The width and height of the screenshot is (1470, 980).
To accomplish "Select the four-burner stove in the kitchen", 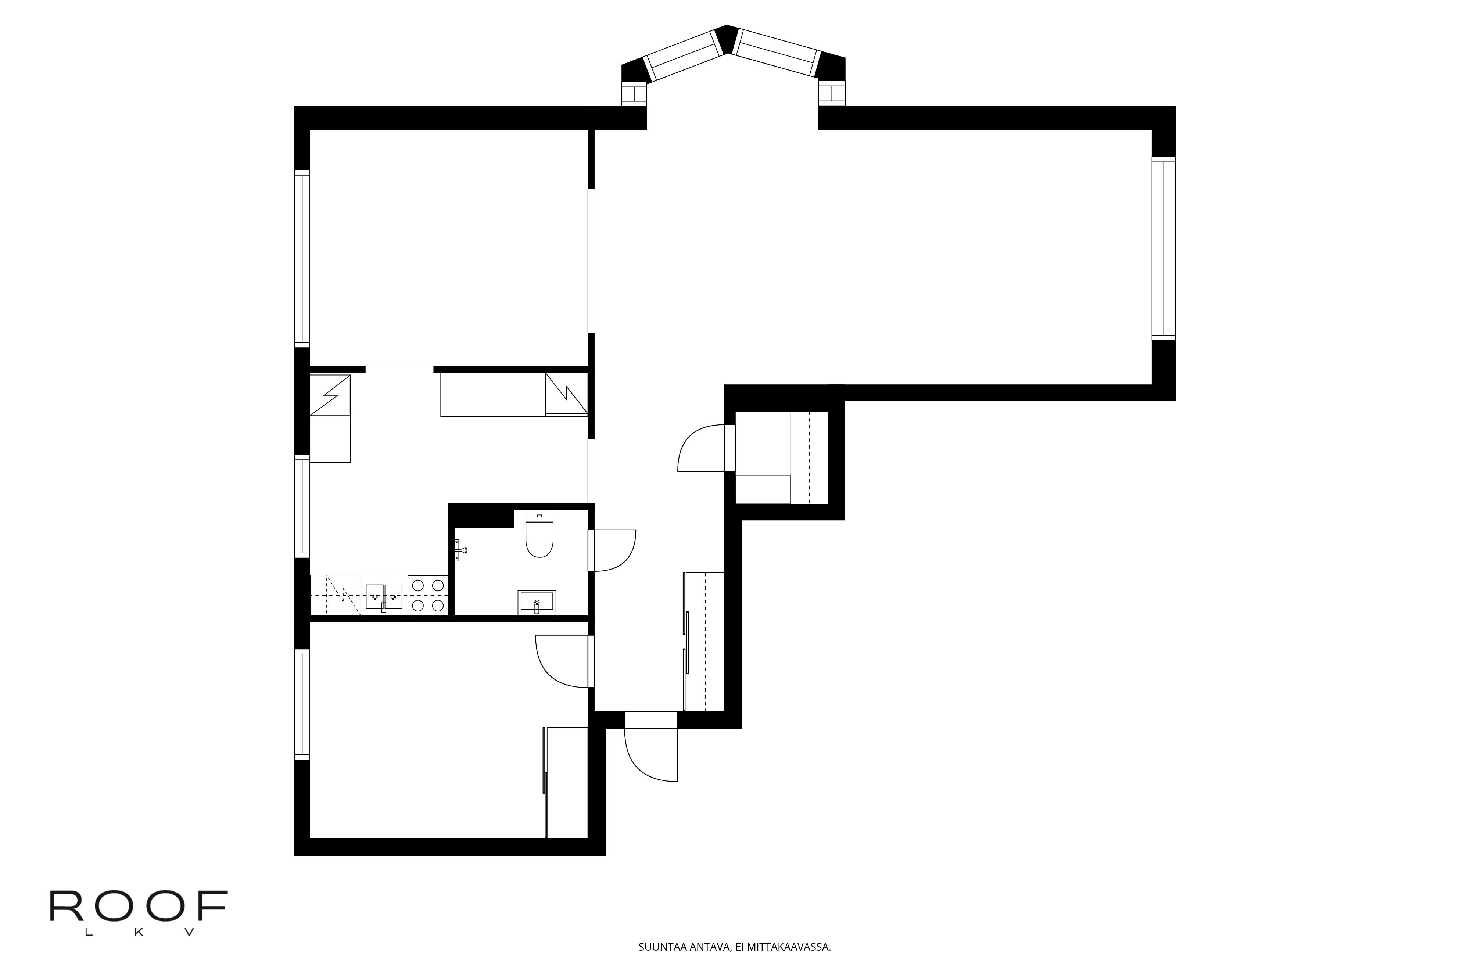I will (428, 595).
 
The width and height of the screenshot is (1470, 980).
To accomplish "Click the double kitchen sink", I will (384, 597).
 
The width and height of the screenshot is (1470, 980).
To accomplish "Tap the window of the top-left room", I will (302, 258).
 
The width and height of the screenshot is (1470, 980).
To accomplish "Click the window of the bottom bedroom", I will (302, 704).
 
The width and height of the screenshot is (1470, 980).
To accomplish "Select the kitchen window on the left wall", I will (302, 506).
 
